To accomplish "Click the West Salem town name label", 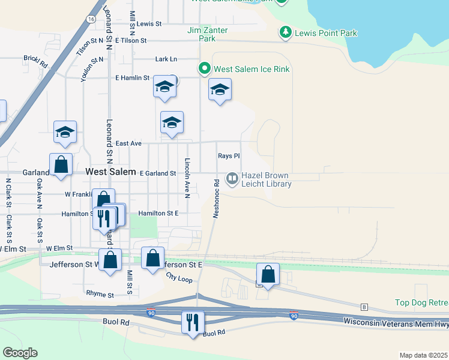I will (x=110, y=172).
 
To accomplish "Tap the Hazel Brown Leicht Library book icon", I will (x=232, y=178).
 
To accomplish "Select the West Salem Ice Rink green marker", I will (x=205, y=69).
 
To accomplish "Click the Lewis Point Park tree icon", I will (x=287, y=33).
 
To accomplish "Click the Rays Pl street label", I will (x=229, y=155).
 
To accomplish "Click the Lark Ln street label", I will (x=166, y=59).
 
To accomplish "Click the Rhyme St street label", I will (x=100, y=295).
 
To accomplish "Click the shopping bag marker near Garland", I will (x=61, y=164).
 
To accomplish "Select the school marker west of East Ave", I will (x=65, y=133).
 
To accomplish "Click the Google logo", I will (x=20, y=353).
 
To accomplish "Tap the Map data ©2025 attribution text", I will (x=423, y=355).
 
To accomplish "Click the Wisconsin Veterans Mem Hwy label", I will (x=396, y=322).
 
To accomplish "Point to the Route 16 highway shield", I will (x=90, y=19).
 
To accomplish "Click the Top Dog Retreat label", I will (x=421, y=302).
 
